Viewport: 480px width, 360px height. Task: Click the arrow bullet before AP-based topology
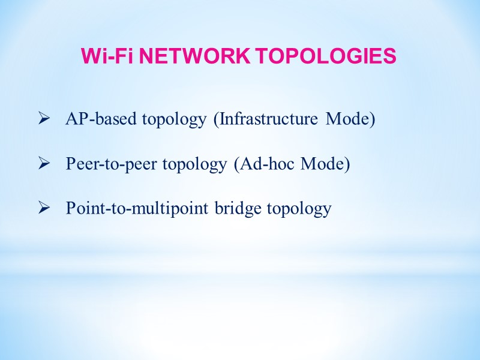tap(43, 119)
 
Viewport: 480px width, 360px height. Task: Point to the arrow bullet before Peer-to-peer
tap(43, 164)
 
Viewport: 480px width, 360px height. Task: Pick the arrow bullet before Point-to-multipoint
tap(43, 208)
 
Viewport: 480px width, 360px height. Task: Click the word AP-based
tap(101, 119)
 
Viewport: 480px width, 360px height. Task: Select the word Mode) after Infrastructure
tap(350, 119)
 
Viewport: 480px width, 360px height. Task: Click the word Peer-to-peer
tap(112, 164)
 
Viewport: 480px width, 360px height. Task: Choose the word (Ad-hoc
tap(260, 164)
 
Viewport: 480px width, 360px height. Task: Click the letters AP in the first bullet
tap(75, 119)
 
